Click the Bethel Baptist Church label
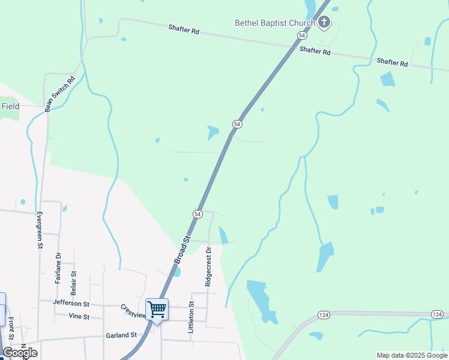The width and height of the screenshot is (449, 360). (274, 23)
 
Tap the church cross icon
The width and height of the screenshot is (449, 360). (324, 23)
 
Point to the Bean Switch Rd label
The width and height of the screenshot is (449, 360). (59, 94)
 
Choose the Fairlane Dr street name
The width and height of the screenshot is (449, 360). (58, 268)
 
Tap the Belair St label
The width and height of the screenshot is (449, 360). (74, 281)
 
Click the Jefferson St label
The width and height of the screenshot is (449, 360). (71, 304)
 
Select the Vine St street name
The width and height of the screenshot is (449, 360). (79, 316)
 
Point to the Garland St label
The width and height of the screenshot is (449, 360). (121, 335)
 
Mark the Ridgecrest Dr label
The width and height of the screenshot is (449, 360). (208, 266)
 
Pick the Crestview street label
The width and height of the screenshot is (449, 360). (133, 311)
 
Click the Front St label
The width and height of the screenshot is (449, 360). (11, 329)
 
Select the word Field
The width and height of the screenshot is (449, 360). (10, 106)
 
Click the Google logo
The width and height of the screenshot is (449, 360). (20, 352)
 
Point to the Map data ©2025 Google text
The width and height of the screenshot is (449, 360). (412, 355)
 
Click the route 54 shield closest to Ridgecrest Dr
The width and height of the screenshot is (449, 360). (197, 214)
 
